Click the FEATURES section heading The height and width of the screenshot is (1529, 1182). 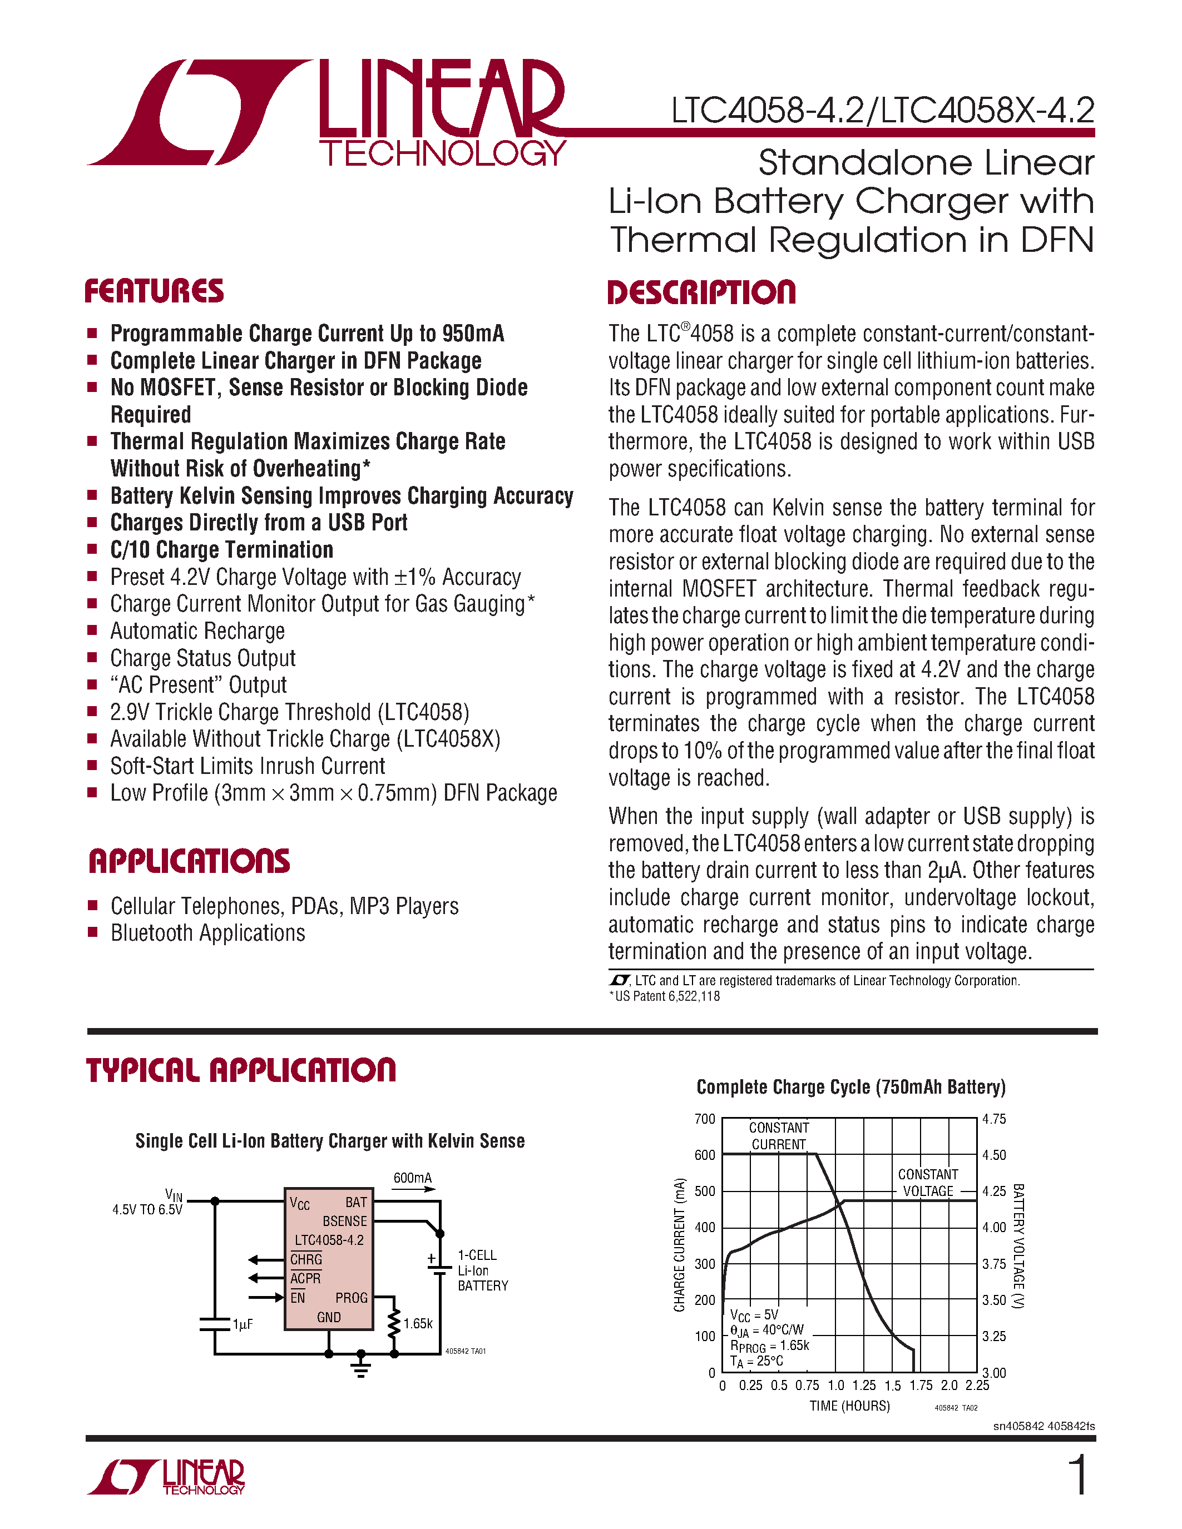154,291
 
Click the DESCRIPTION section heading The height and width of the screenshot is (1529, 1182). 701,292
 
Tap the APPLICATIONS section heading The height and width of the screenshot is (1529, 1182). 189,861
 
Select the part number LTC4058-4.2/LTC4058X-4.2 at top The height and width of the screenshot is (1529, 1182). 882,111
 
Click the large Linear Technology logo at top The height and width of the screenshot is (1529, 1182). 325,112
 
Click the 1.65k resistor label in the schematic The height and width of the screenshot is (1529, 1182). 418,1324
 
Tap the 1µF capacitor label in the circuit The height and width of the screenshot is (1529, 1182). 243,1324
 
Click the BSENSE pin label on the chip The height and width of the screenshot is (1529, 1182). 344,1221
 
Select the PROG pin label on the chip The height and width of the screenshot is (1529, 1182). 351,1298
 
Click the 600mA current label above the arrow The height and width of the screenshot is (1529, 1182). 412,1178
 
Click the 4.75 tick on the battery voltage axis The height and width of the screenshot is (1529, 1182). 993,1119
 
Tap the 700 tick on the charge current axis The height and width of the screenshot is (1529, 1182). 704,1119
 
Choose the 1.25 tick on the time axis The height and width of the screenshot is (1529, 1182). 863,1386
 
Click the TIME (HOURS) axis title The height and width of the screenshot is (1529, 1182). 849,1406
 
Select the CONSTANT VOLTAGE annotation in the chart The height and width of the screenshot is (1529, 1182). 928,1183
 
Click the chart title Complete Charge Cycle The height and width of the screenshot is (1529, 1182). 851,1087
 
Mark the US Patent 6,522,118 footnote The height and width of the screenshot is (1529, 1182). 665,996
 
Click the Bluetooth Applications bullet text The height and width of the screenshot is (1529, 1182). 208,933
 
